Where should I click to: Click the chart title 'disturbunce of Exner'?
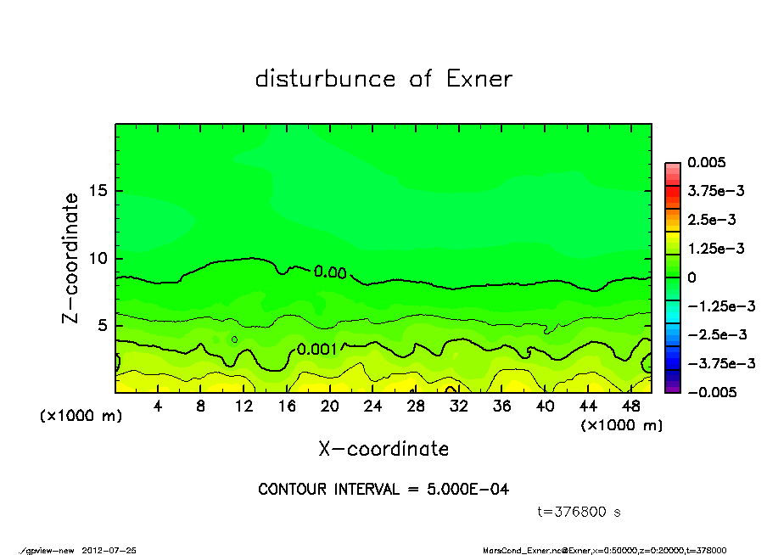383,79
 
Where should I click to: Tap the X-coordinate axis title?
383,448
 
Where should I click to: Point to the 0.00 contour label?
330,272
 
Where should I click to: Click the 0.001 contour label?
317,348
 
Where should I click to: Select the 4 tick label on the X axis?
158,406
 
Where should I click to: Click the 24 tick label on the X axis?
372,406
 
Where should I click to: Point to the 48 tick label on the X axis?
630,406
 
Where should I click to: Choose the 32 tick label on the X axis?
459,406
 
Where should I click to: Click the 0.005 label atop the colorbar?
706,162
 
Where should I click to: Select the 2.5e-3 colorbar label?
711,220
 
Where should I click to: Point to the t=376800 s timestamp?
579,512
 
